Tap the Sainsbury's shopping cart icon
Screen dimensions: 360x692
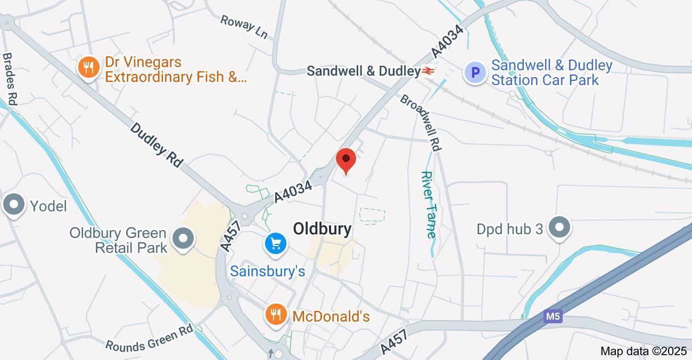[x=276, y=244]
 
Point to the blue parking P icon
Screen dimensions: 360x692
[x=475, y=72]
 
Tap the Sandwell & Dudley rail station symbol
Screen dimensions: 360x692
[x=429, y=71]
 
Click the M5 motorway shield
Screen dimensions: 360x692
[x=553, y=317]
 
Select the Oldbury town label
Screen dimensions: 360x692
[x=322, y=229]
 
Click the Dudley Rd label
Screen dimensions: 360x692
[x=156, y=145]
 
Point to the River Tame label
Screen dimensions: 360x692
[x=429, y=204]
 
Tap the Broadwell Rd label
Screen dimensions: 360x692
[x=421, y=123]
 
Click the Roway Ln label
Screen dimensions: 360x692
[x=244, y=27]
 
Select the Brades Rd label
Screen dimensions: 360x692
[x=10, y=78]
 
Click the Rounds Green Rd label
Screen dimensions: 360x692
[x=149, y=338]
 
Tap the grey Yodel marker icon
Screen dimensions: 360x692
[x=14, y=205]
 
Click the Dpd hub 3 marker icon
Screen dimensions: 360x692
[x=559, y=228]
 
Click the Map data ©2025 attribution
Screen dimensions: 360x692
[x=644, y=351]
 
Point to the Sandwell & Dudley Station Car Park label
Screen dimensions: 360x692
[x=551, y=72]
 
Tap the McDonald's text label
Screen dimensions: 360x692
[x=331, y=316]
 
